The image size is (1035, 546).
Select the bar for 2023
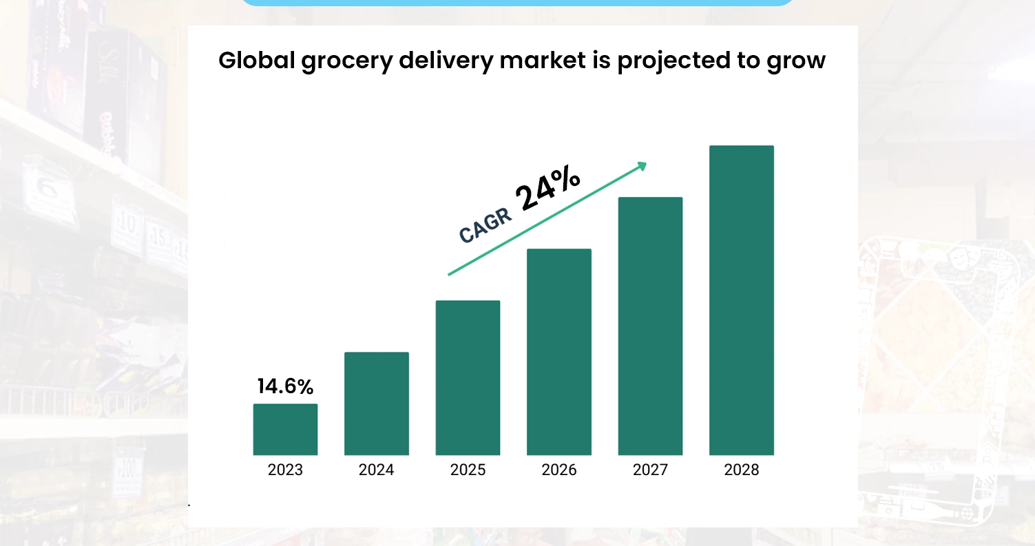[285, 429]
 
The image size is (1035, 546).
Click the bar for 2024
[376, 403]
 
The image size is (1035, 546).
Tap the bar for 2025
[468, 377]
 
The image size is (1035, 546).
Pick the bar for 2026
[559, 352]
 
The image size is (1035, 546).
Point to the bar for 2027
[650, 326]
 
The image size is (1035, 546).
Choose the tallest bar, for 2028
[741, 300]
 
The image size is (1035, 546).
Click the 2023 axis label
[285, 470]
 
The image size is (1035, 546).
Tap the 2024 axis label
[376, 470]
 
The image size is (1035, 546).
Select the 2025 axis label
[468, 470]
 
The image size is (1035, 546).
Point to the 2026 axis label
[559, 470]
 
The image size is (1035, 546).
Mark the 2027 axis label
[650, 470]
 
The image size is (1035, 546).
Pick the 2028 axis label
[741, 470]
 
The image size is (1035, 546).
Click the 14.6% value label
[285, 386]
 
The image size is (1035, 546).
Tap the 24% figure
[549, 188]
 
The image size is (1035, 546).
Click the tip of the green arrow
[645, 164]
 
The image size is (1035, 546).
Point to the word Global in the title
[257, 61]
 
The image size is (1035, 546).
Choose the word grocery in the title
[349, 61]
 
